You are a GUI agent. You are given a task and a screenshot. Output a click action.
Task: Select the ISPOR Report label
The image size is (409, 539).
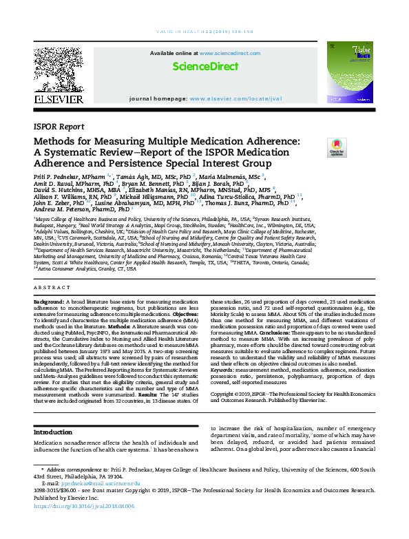[59, 127]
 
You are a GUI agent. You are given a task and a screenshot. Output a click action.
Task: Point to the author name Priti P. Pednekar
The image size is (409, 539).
[57, 176]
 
